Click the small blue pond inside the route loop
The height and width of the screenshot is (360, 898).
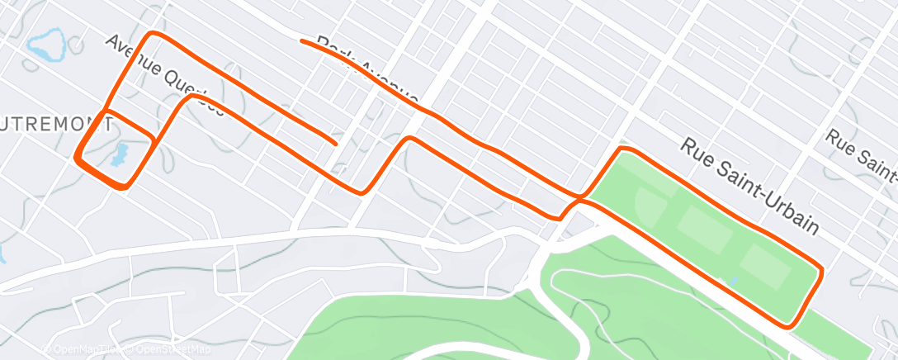[120, 154]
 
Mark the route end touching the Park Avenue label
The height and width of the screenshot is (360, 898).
[303, 40]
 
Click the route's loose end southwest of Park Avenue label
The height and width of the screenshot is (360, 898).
[334, 143]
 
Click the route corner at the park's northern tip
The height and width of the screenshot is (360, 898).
[622, 149]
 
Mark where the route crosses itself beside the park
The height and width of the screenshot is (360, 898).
[579, 199]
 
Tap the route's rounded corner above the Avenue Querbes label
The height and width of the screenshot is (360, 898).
[151, 35]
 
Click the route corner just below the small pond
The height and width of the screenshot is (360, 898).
[122, 187]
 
